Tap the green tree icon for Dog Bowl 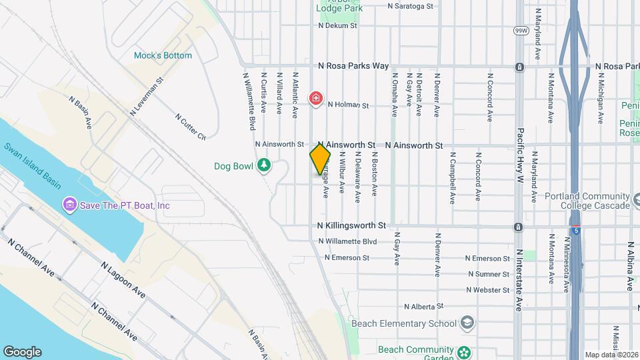pos(265,165)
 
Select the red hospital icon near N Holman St pos(316,99)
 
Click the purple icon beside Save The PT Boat pos(69,205)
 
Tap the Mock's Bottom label pos(163,55)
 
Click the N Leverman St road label pos(147,97)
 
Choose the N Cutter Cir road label pos(191,126)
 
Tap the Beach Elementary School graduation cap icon pos(467,323)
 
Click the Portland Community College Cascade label pos(587,201)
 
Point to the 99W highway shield pos(520,31)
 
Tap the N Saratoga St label pos(411,5)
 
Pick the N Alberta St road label pos(424,307)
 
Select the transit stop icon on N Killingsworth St pos(518,227)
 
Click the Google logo pos(22,352)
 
